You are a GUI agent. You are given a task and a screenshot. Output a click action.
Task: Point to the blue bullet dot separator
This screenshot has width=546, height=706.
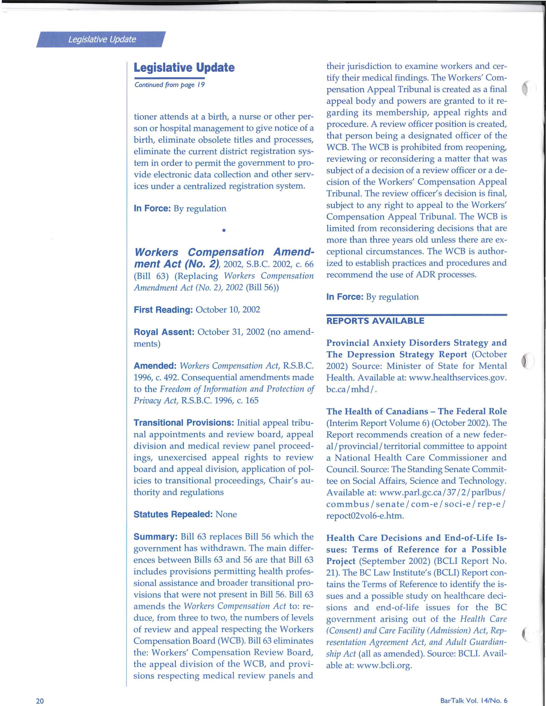click(x=224, y=231)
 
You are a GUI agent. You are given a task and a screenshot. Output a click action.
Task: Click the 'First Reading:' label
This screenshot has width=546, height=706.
click(x=163, y=310)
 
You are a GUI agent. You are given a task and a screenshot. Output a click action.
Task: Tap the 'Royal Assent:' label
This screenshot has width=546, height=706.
click(x=164, y=332)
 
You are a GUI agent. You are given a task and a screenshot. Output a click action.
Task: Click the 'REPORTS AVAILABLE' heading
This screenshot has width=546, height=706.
click(x=375, y=321)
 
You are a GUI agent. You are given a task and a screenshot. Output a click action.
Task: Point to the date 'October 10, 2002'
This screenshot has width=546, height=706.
click(x=228, y=310)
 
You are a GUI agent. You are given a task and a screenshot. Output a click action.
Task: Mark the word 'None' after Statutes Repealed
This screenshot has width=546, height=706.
click(x=226, y=514)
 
